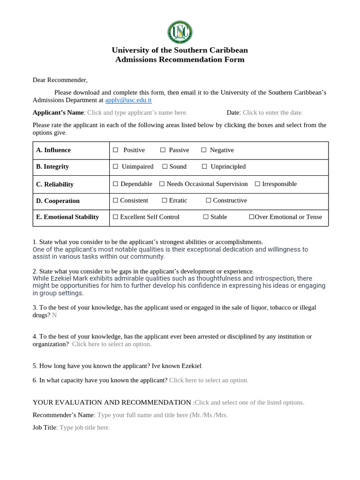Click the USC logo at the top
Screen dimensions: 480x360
[x=180, y=32]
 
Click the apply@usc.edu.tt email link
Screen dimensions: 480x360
[x=128, y=100]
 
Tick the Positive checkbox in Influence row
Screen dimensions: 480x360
[x=116, y=150]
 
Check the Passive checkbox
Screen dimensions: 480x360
[x=163, y=150]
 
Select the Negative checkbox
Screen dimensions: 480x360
[x=204, y=150]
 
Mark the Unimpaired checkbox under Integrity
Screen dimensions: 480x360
[x=116, y=166]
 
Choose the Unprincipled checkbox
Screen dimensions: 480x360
[x=205, y=166]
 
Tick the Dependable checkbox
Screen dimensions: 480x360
[x=116, y=184]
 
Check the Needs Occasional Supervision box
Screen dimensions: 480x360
[x=162, y=184]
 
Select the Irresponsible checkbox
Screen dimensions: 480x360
[x=257, y=184]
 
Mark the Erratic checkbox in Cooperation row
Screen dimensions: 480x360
[x=165, y=201]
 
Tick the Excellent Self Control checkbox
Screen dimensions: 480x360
[x=116, y=217]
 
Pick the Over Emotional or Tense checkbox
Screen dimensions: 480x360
[x=252, y=217]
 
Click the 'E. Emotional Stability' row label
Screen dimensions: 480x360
[x=67, y=217]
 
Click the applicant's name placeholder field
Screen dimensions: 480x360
[x=137, y=112]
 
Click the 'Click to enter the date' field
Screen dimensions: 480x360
[x=273, y=112]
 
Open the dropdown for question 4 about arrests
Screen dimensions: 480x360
[x=112, y=344]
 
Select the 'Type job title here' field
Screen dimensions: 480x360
[x=85, y=427]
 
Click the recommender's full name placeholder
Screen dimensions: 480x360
[x=162, y=415]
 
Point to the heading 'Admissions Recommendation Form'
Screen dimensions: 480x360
[x=180, y=60]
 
